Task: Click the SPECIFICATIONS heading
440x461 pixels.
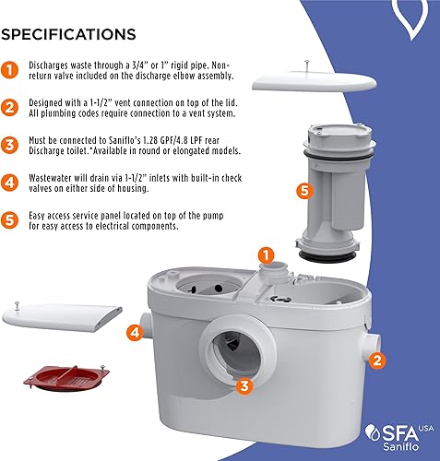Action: (x=69, y=34)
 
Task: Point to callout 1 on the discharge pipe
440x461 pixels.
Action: (x=265, y=254)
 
